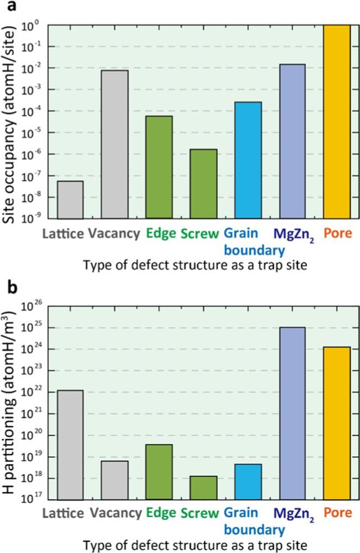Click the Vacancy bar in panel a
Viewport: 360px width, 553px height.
(115, 144)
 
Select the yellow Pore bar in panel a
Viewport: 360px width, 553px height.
(337, 122)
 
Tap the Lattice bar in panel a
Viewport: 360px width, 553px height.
(70, 200)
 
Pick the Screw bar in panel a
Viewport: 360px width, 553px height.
(204, 184)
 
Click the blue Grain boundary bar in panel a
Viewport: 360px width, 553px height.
(248, 160)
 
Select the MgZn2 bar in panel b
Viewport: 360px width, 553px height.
(293, 414)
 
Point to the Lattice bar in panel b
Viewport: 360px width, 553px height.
(70, 445)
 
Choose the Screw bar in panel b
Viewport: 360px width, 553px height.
(204, 488)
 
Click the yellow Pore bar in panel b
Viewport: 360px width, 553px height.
(337, 423)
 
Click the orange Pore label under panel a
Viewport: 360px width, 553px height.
(337, 234)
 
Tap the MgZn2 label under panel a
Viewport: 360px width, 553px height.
(293, 234)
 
